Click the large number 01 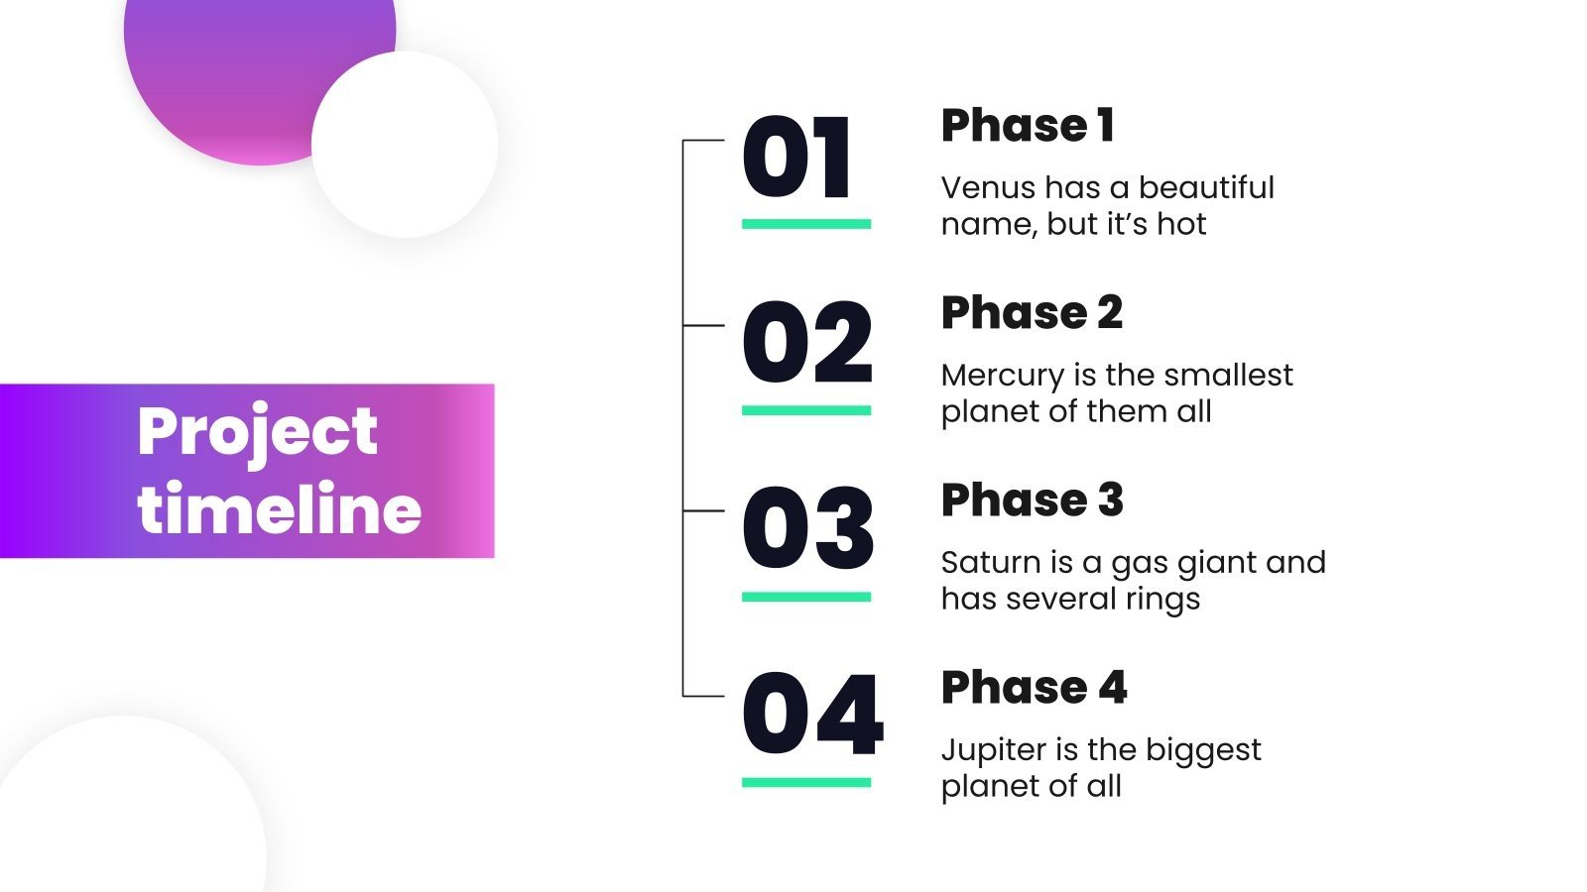tap(795, 158)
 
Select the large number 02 tap(807, 342)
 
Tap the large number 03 tap(807, 528)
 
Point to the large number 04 tap(812, 714)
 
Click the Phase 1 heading tap(1028, 125)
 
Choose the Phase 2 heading tap(1033, 312)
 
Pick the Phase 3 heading tap(1033, 500)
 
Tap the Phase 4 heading tap(1035, 687)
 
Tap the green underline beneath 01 tap(806, 224)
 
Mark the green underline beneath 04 tap(806, 782)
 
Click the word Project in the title tap(257, 434)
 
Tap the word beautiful tap(1206, 187)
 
